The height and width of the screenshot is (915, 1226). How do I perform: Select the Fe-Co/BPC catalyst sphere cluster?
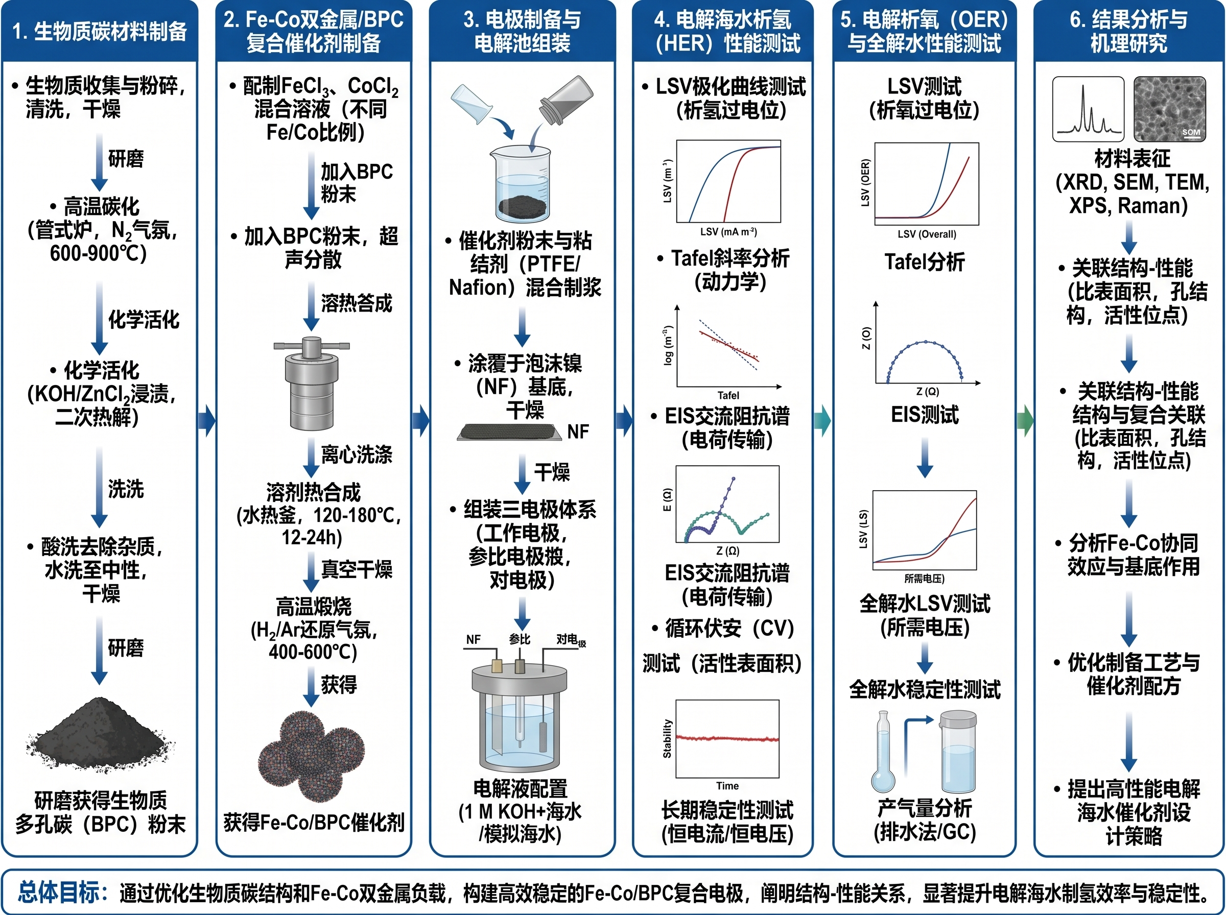tap(311, 756)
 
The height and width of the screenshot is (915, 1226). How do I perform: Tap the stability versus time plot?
tap(727, 739)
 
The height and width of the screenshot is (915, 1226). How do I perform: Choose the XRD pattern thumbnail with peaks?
tap(1089, 109)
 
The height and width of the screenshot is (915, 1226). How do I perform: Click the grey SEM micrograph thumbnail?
tap(1170, 109)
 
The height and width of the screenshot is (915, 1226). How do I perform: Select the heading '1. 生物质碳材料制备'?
tap(100, 32)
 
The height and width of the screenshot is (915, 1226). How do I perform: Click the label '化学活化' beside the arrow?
tap(144, 320)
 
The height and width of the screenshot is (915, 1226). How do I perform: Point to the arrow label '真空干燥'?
tap(357, 569)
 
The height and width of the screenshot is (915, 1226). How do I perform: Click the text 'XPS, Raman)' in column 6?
tap(1128, 205)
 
